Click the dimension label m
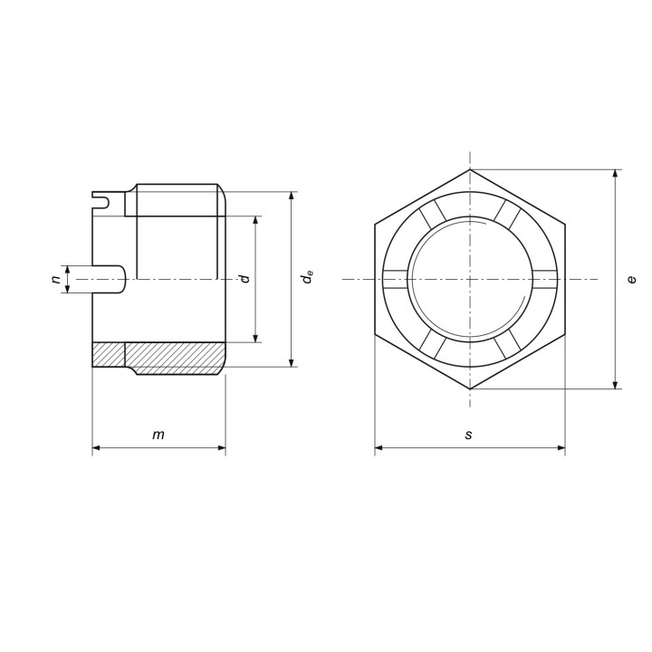158,435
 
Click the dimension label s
469,435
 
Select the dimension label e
632,279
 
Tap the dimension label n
56,279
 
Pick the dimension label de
308,277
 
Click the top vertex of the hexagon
470,169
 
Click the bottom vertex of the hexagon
470,388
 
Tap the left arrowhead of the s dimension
379,448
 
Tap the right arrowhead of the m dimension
221,448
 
